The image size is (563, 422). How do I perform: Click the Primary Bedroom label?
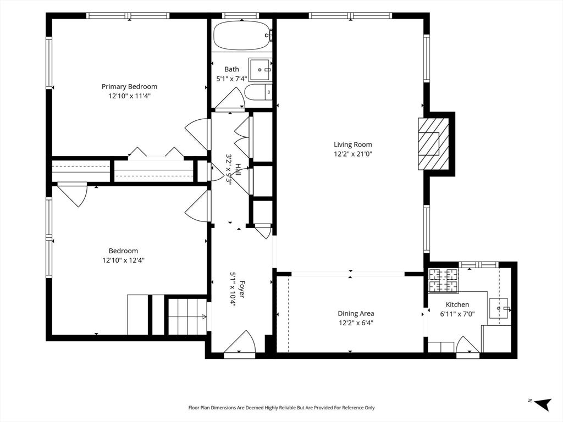[129, 86]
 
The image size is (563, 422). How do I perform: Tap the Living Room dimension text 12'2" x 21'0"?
[353, 154]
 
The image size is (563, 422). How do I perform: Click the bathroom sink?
[260, 70]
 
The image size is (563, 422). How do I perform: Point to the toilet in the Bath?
[258, 92]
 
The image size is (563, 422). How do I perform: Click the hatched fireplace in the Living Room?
[433, 143]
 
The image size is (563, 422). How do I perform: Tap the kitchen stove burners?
[444, 280]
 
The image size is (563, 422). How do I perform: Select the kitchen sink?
[499, 308]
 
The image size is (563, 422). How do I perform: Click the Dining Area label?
[356, 313]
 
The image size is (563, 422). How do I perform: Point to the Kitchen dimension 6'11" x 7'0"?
[457, 314]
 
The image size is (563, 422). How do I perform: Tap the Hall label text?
[238, 169]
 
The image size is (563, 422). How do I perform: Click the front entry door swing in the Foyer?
[240, 342]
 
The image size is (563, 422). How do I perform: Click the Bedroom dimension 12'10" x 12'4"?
[124, 260]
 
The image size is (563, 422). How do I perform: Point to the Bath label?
[231, 69]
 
